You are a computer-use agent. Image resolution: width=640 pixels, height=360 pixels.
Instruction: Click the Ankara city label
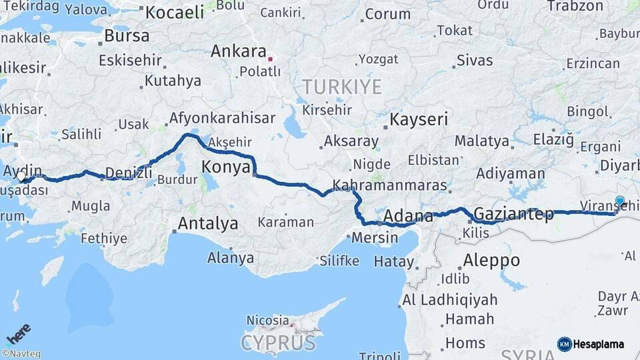tap(239, 51)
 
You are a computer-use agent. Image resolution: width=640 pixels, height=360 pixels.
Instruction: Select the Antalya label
tap(207, 223)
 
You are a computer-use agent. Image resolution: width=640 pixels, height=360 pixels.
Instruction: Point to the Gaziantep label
tap(514, 215)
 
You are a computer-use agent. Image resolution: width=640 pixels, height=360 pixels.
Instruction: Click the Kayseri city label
tap(419, 119)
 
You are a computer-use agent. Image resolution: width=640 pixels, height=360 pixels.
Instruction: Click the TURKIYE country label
tap(342, 87)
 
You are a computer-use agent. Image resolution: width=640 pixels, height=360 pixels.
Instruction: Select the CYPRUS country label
tap(278, 343)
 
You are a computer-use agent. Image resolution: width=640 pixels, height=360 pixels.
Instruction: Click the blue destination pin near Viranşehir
tap(620, 201)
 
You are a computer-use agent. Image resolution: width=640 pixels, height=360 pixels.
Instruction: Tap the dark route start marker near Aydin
tap(23, 178)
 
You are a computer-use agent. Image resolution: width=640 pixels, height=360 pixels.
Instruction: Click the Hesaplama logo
tap(591, 344)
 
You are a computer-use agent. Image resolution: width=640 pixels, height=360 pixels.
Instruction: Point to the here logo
tap(19, 333)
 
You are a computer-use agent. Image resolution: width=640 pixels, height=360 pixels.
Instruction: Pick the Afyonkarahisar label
tap(222, 118)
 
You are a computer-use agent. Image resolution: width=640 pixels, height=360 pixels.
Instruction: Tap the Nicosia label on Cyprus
tap(268, 321)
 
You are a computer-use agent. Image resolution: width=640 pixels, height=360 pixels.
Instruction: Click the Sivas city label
tap(475, 60)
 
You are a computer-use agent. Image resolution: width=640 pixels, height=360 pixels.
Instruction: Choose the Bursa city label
tap(127, 35)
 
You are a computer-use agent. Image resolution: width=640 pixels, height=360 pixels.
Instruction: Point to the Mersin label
tap(374, 237)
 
